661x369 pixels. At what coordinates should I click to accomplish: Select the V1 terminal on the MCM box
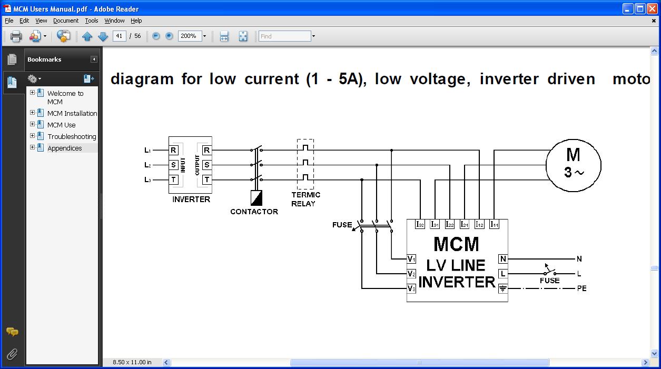click(411, 259)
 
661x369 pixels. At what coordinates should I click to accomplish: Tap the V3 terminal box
click(411, 288)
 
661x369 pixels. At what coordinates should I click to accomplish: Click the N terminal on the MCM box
click(503, 259)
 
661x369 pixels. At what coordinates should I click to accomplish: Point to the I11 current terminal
click(494, 224)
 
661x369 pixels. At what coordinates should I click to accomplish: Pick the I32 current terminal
click(420, 224)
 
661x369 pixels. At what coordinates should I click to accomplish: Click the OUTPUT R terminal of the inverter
click(206, 151)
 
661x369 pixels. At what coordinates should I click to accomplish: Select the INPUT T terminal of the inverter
click(173, 179)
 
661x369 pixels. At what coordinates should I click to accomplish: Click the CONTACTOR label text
click(254, 212)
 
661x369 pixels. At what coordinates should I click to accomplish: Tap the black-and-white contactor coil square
click(256, 197)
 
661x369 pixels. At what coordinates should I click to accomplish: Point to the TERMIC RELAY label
click(305, 199)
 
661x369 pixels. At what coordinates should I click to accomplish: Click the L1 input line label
click(148, 151)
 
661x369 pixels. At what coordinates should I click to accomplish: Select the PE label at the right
click(581, 288)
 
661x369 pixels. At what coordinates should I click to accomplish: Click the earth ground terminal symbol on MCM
click(503, 288)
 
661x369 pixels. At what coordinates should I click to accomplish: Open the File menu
click(9, 21)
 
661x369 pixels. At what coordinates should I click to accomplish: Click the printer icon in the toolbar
click(16, 36)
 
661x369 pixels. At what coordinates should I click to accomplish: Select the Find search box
click(284, 36)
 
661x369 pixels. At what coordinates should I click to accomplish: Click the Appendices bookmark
click(65, 148)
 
